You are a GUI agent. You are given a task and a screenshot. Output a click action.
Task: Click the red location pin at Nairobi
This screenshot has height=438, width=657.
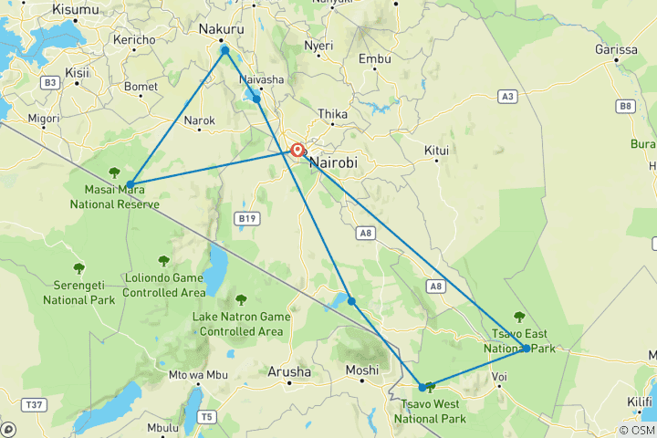click(x=297, y=151)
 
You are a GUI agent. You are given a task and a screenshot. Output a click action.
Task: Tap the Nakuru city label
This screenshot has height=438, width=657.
click(x=221, y=29)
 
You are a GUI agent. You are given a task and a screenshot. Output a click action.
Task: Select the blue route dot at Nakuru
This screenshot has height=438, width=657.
click(x=224, y=50)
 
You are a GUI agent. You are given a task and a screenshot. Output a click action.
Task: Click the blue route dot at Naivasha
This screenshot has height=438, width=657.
click(x=257, y=99)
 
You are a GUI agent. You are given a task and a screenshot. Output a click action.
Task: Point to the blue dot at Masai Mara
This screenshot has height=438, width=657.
click(x=130, y=184)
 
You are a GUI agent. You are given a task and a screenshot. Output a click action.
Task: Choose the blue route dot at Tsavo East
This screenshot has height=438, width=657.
click(x=527, y=348)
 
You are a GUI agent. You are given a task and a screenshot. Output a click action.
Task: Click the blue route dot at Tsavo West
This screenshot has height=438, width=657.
click(x=422, y=387)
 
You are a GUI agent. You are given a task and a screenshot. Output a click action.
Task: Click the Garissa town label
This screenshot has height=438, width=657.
click(x=613, y=48)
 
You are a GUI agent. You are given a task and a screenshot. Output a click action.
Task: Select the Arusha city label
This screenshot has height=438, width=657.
click(x=288, y=371)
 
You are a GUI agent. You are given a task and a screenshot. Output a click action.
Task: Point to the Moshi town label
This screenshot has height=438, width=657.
click(x=362, y=370)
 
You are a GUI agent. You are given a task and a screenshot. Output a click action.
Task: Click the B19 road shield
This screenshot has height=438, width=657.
click(x=246, y=218)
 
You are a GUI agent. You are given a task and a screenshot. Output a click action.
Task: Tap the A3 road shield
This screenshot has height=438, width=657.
click(x=507, y=96)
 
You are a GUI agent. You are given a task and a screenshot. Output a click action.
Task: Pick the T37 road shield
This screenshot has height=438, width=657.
click(x=35, y=404)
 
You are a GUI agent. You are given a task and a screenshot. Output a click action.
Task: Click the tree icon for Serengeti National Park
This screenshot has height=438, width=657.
click(x=78, y=268)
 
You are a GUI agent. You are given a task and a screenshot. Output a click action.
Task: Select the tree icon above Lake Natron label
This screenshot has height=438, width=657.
click(x=241, y=298)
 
